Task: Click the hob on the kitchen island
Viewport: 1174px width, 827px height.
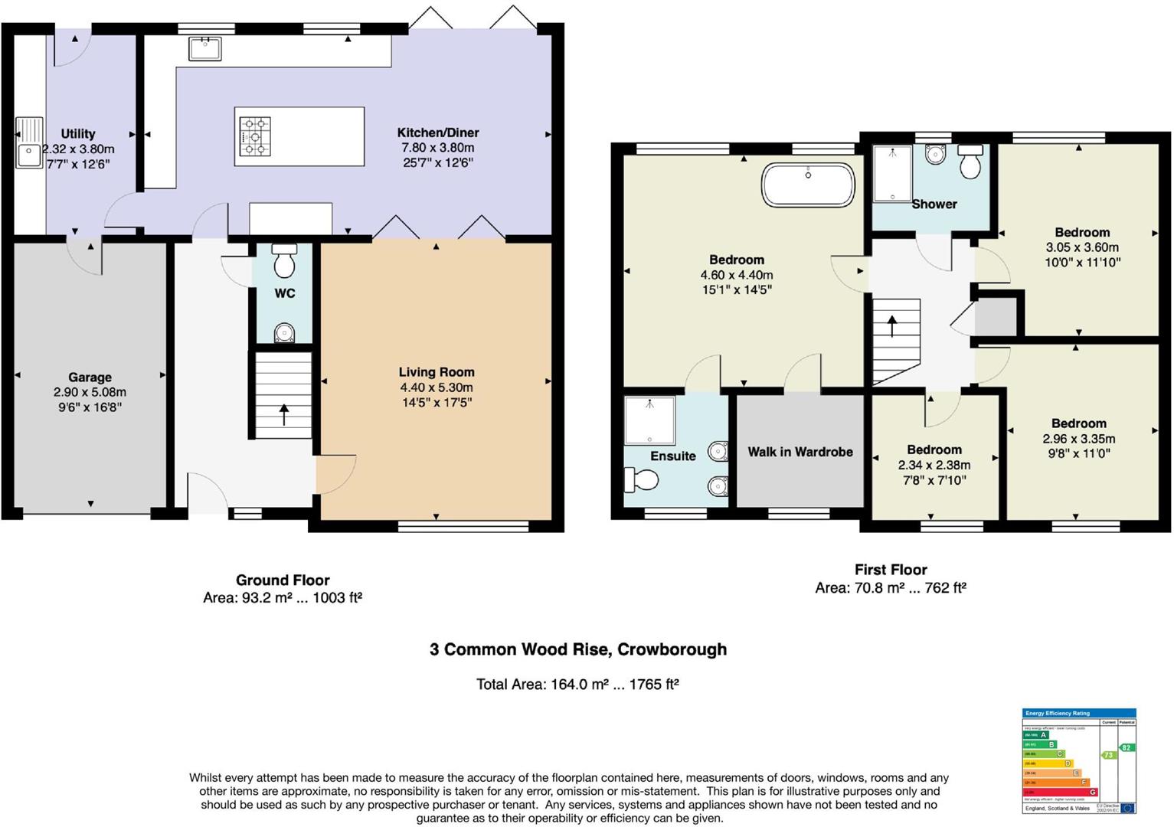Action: click(x=255, y=136)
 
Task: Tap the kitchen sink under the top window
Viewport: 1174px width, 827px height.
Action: click(x=204, y=49)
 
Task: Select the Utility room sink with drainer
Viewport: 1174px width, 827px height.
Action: click(x=29, y=143)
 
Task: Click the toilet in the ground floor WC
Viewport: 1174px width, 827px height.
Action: click(x=285, y=261)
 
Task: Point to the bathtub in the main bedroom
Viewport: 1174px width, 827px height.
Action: click(x=808, y=185)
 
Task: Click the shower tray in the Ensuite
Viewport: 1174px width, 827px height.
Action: click(x=649, y=420)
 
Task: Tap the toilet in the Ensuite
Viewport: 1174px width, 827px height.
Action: click(x=642, y=480)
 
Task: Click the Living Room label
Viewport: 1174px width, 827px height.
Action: click(x=437, y=372)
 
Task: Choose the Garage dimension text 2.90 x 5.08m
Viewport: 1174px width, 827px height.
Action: click(x=90, y=392)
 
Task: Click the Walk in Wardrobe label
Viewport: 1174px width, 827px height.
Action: click(x=800, y=452)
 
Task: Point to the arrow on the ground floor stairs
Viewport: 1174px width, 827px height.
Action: click(x=284, y=414)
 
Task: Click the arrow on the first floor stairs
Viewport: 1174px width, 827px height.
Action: click(x=893, y=325)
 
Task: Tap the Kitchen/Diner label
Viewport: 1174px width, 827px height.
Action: click(x=438, y=132)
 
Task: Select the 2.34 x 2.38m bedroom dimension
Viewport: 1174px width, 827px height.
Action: click(x=934, y=465)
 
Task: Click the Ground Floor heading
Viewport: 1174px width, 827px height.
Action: click(x=283, y=580)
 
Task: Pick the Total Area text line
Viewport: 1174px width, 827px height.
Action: click(x=577, y=684)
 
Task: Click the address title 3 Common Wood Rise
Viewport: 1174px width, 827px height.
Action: click(x=577, y=649)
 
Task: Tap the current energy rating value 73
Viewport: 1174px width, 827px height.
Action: click(x=1108, y=755)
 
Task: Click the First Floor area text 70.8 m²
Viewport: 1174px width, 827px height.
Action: click(x=891, y=588)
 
